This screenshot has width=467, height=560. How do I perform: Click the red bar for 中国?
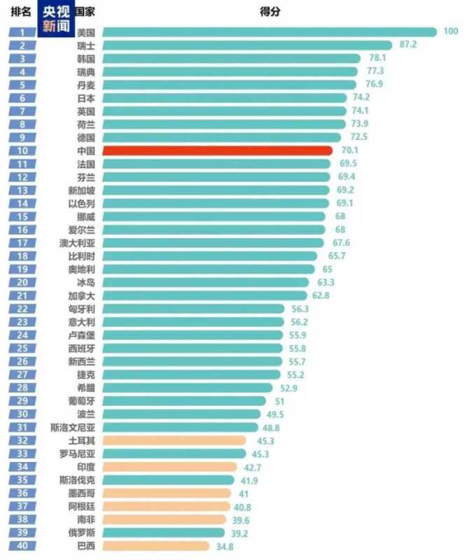click(x=217, y=150)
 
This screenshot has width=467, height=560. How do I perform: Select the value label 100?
click(x=450, y=31)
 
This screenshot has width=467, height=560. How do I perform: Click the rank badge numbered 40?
click(x=23, y=546)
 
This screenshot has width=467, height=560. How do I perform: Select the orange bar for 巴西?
click(x=155, y=546)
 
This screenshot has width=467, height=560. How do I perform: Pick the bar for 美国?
click(x=270, y=31)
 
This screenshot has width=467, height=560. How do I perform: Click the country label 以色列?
click(x=81, y=203)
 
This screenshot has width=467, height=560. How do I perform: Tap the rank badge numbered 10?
click(x=23, y=150)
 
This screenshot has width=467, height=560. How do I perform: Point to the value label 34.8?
click(x=223, y=546)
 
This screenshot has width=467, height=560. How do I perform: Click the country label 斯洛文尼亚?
click(x=73, y=427)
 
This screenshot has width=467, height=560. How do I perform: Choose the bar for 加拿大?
click(x=204, y=295)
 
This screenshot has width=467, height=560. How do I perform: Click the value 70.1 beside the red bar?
click(x=347, y=150)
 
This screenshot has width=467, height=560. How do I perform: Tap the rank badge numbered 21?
click(x=23, y=295)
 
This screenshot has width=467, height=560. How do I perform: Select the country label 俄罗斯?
click(x=81, y=533)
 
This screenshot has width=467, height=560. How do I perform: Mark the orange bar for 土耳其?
click(x=174, y=440)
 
